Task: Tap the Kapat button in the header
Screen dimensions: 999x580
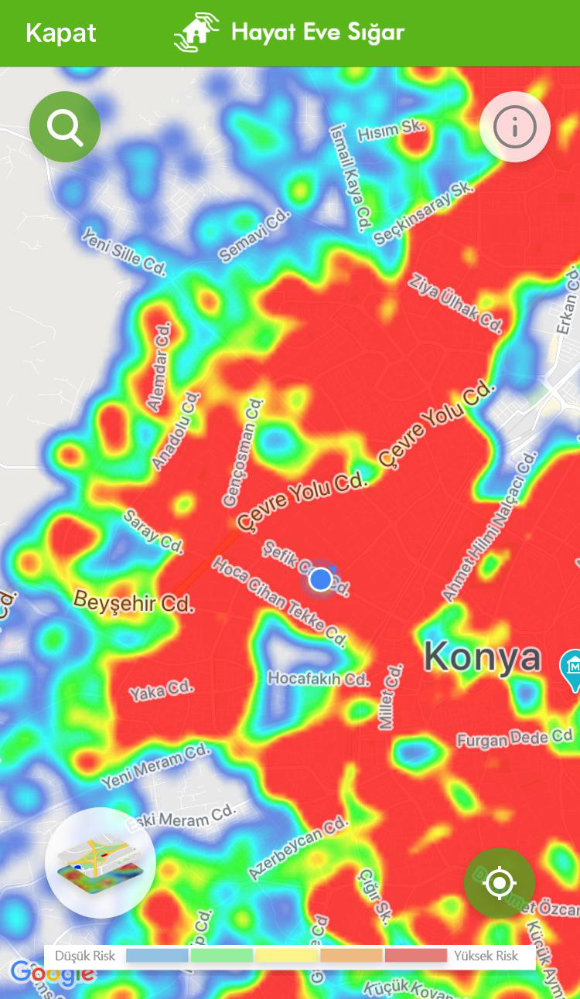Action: point(60,33)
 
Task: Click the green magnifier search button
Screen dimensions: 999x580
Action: point(65,127)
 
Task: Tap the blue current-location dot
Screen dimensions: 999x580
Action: point(320,578)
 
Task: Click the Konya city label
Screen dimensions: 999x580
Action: point(483,657)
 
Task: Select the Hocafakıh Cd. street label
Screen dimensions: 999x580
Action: point(318,679)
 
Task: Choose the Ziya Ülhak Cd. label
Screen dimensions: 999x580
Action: point(455,302)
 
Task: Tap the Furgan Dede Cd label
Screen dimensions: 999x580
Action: point(514,739)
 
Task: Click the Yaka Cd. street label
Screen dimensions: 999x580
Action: point(161,690)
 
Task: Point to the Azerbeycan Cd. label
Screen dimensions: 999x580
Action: point(298,848)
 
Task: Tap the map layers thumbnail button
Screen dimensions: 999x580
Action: point(101,862)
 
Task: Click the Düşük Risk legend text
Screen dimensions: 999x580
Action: point(85,956)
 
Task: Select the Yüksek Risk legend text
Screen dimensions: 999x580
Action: point(486,956)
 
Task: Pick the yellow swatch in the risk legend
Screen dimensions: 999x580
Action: point(286,956)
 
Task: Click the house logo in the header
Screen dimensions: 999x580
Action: point(196,32)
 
